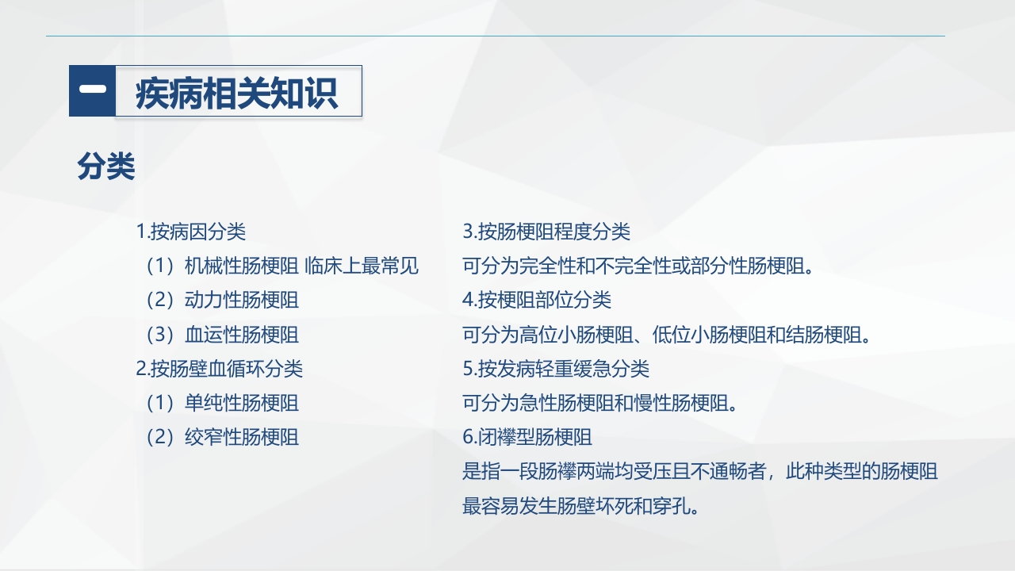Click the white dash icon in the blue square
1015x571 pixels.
click(93, 89)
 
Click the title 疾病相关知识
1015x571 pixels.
click(236, 93)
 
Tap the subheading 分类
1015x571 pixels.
click(106, 167)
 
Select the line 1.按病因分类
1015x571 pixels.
click(191, 232)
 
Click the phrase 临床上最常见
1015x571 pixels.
click(361, 266)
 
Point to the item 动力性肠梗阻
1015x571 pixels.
click(242, 300)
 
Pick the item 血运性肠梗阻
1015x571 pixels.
click(242, 335)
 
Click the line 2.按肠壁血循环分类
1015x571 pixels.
click(220, 369)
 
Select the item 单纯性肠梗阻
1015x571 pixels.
click(242, 403)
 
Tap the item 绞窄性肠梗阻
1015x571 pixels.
click(242, 437)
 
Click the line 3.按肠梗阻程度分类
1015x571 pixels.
click(546, 232)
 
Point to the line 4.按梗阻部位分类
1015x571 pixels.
click(537, 300)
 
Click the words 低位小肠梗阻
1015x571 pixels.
click(709, 335)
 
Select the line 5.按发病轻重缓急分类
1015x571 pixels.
click(556, 369)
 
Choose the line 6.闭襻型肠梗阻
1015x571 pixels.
click(527, 437)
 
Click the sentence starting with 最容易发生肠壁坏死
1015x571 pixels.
click(580, 506)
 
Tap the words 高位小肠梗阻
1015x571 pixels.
click(576, 335)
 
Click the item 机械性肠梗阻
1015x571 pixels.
click(242, 266)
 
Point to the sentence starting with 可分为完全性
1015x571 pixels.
click(638, 266)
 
